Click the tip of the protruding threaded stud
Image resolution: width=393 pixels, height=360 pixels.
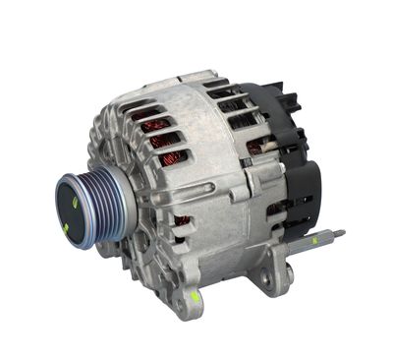click(341, 233)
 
